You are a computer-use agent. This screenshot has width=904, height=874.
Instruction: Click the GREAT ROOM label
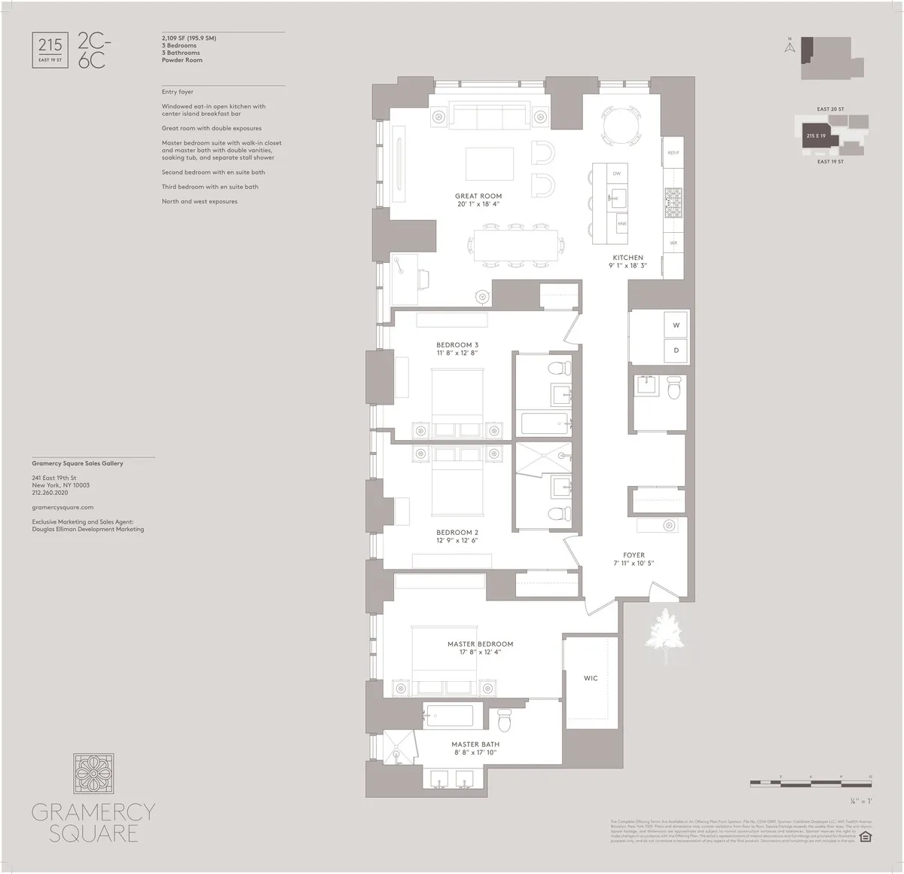point(478,197)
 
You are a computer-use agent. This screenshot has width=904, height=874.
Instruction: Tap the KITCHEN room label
point(628,258)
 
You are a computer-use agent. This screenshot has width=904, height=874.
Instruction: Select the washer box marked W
point(676,325)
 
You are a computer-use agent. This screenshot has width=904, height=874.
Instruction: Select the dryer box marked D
point(676,350)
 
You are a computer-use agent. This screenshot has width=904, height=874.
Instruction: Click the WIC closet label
point(591,678)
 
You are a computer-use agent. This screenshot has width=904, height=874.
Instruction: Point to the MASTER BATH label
point(475,744)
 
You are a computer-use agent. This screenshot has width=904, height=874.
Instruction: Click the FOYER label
point(634,555)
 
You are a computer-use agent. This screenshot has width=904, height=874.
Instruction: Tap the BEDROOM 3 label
point(457,345)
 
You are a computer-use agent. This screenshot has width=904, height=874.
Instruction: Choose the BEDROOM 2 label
point(457,533)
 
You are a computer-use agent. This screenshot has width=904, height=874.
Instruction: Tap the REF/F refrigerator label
point(673,153)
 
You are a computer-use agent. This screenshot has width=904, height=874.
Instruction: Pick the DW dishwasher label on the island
point(616,174)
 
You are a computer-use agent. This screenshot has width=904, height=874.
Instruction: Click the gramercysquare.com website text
point(63,508)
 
